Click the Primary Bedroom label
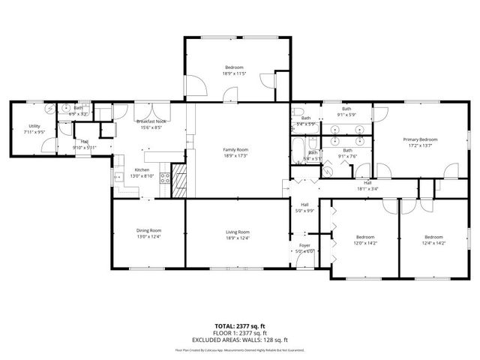click(419, 139)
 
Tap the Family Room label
click(235, 150)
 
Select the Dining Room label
click(148, 231)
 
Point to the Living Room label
click(237, 232)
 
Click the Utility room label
click(34, 126)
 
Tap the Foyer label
click(304, 245)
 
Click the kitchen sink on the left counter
click(117, 178)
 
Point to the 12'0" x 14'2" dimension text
click(365, 243)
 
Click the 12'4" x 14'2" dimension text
click(433, 243)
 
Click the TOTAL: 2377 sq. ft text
click(239, 325)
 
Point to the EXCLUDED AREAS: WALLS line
click(239, 339)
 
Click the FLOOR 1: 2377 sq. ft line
click(239, 332)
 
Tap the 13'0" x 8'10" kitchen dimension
click(142, 176)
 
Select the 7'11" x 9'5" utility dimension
click(34, 132)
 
